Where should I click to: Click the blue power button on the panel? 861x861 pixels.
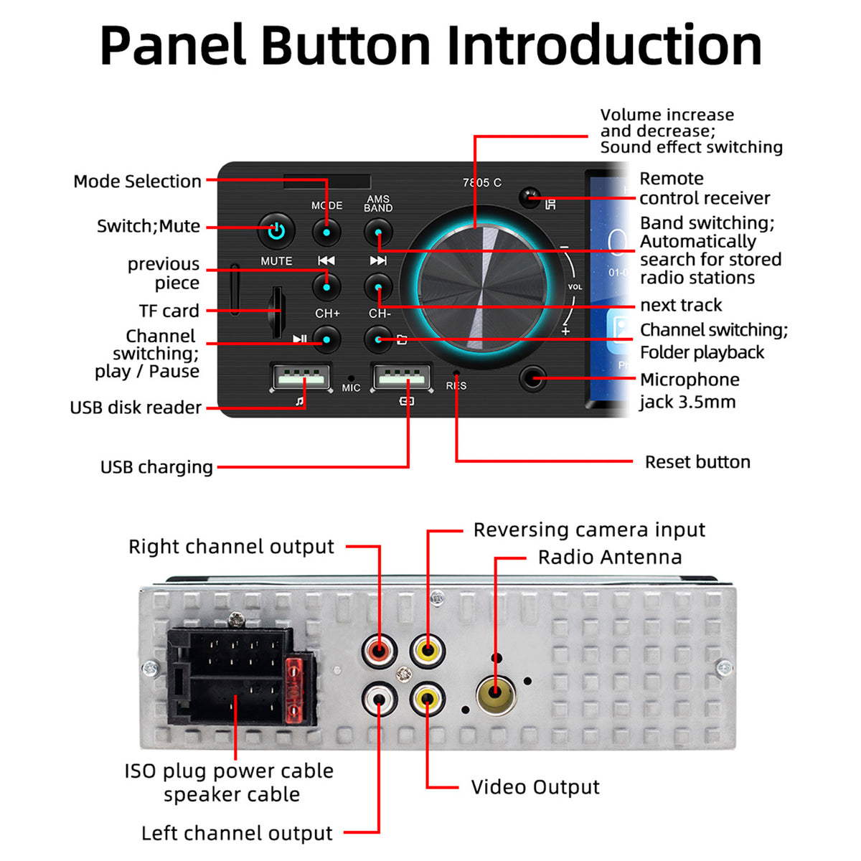[276, 231]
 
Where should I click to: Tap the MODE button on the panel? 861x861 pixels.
[326, 232]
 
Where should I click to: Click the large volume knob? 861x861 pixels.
[482, 288]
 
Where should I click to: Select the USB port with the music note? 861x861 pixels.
[301, 377]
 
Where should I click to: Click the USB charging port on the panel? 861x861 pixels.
[402, 377]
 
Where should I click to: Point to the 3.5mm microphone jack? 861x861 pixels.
[532, 379]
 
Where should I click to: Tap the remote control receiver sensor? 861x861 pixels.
[530, 197]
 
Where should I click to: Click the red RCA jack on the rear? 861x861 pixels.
[379, 650]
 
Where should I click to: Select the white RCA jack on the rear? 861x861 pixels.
[379, 699]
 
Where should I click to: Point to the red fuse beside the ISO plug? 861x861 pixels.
[294, 690]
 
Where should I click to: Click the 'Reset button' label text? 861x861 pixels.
[697, 462]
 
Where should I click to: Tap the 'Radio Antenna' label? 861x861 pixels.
[610, 557]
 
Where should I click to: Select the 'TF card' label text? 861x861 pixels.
[169, 311]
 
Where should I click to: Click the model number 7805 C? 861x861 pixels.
[482, 183]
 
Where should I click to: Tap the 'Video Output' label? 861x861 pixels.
[535, 787]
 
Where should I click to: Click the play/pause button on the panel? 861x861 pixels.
[326, 339]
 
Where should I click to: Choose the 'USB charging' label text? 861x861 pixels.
[157, 467]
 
